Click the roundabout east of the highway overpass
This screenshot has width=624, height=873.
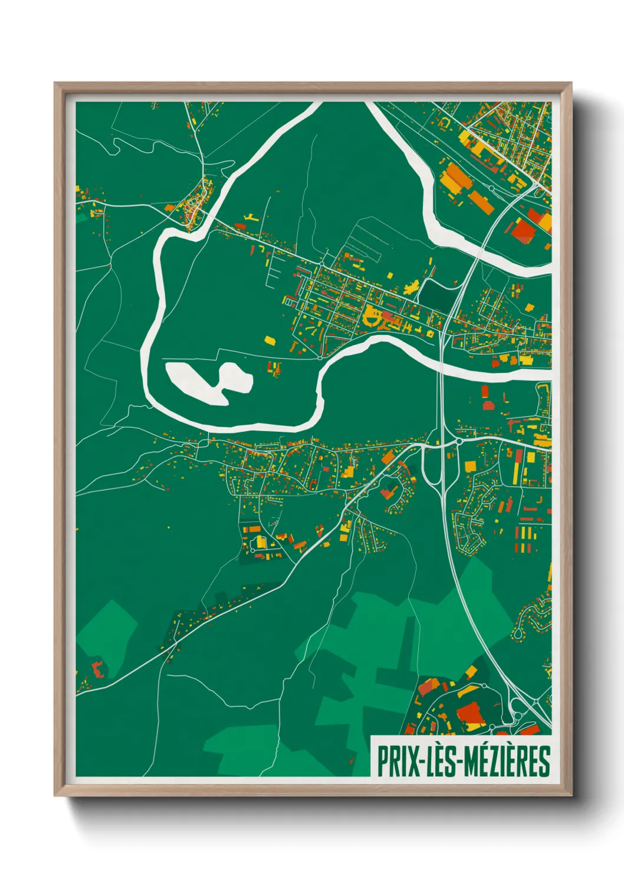[x=458, y=441]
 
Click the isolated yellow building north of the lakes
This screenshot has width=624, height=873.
[x=270, y=340]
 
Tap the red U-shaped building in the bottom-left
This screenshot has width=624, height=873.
[x=97, y=669]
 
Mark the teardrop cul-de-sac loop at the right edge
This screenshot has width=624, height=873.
[x=519, y=634]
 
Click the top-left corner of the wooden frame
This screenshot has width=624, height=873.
[x=55, y=84]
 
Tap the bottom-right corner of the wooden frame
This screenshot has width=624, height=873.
[x=571, y=796]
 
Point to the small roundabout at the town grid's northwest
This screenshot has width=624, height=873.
[x=288, y=302]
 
